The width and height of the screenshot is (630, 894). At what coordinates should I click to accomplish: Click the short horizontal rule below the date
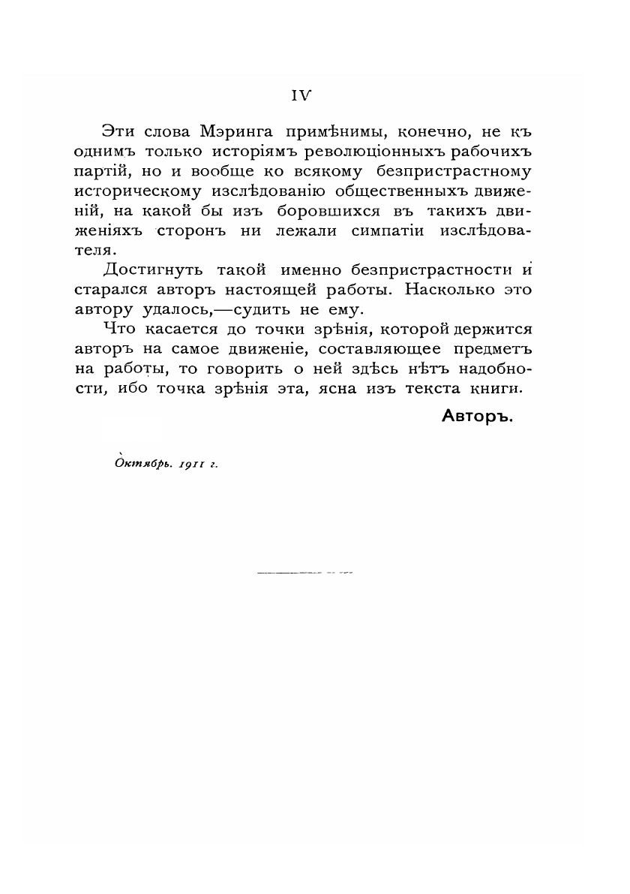pyautogui.click(x=304, y=573)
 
